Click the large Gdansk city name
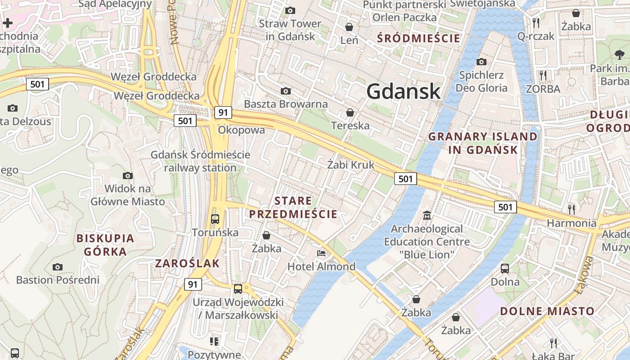[403, 91]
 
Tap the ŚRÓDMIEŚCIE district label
[419, 38]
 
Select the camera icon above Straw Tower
[290, 10]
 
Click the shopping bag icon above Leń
[349, 27]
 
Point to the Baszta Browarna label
[286, 104]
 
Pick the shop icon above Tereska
[350, 112]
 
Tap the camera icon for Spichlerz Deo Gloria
[481, 62]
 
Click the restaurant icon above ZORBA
[543, 75]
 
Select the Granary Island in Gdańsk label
[483, 143]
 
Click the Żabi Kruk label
[351, 165]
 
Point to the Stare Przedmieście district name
[293, 207]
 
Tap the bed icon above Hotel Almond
[321, 253]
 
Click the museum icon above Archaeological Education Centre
[427, 216]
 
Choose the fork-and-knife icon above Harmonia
[571, 209]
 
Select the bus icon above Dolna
[505, 269]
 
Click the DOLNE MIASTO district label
[547, 311]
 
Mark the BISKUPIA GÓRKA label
[105, 245]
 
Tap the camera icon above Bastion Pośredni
[57, 267]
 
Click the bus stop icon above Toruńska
[215, 219]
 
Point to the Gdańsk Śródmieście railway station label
[200, 161]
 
